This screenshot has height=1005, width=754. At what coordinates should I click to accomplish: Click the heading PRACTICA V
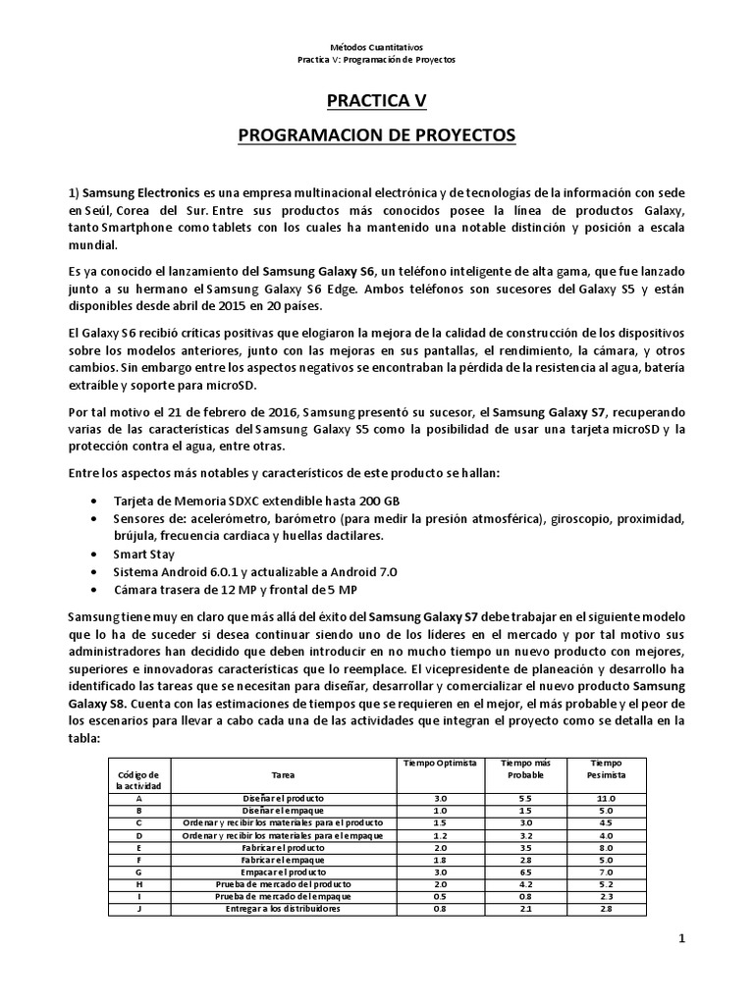pos(377,100)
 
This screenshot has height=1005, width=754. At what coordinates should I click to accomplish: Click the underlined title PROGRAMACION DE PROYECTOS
pos(377,134)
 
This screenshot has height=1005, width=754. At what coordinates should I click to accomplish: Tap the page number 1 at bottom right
pos(682,939)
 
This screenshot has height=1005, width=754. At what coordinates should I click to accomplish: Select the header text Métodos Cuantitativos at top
pos(377,46)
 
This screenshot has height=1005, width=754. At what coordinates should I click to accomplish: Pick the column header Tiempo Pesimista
pos(605,768)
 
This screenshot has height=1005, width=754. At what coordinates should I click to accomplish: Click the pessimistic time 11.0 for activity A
pos(605,798)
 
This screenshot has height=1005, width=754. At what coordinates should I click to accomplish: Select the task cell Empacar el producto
pos(283,872)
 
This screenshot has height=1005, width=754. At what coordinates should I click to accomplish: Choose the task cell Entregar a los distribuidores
pos(283,909)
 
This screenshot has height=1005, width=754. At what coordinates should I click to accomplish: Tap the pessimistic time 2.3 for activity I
pos(605,896)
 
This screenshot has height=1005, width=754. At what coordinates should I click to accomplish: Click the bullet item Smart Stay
pos(145,554)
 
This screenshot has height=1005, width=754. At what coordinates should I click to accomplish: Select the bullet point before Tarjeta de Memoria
pos(92,501)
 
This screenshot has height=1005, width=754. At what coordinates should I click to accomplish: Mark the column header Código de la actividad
pos(137,780)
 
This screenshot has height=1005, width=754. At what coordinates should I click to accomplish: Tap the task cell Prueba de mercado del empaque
pos(283,896)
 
